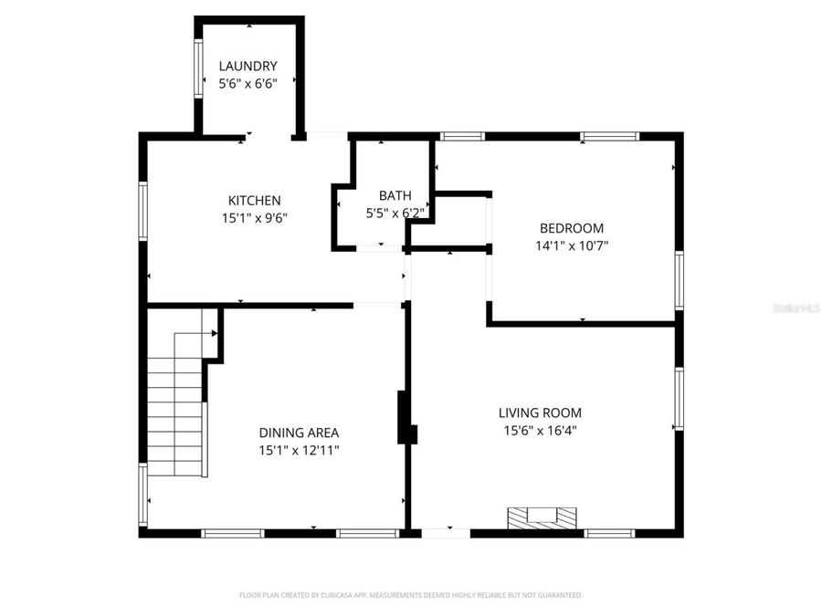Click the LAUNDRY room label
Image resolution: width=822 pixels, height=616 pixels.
click(248, 66)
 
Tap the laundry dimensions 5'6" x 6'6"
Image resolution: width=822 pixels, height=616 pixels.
click(248, 83)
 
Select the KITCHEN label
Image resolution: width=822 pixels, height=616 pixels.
click(254, 201)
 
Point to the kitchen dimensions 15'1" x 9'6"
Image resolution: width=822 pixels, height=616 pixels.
click(254, 218)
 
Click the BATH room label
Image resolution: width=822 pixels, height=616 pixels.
click(395, 195)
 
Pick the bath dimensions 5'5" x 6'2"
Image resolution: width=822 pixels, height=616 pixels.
click(395, 213)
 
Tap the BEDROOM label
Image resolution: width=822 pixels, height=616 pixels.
click(571, 228)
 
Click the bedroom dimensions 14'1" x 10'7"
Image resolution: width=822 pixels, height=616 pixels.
click(571, 245)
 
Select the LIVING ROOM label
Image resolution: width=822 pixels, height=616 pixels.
click(540, 412)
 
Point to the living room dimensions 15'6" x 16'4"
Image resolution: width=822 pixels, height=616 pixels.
click(540, 430)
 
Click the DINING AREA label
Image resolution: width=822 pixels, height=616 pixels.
click(300, 433)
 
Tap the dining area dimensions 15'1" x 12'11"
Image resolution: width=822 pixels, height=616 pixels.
click(300, 450)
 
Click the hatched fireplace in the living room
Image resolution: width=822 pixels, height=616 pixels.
click(543, 517)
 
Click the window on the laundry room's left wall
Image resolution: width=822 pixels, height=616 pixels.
click(197, 68)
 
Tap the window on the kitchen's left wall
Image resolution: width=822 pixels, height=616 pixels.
click(143, 211)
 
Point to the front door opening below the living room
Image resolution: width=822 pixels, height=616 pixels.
click(446, 532)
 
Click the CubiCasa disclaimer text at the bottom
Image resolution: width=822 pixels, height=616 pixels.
click(410, 595)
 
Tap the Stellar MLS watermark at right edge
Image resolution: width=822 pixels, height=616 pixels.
click(796, 308)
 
